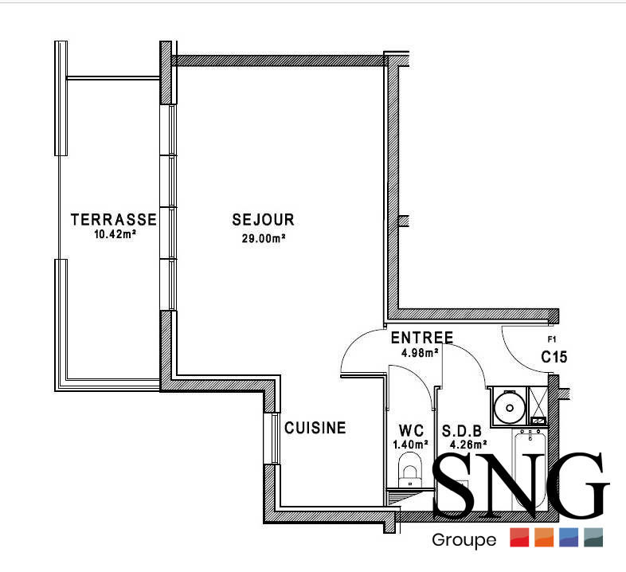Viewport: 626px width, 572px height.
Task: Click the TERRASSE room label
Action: click(x=113, y=219)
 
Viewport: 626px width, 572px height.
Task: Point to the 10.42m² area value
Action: click(x=113, y=235)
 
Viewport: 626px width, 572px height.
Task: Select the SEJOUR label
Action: click(x=264, y=220)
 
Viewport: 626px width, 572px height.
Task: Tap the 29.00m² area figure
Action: click(x=264, y=238)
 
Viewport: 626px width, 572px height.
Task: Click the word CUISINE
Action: click(x=315, y=429)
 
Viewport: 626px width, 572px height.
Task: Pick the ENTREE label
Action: click(x=422, y=338)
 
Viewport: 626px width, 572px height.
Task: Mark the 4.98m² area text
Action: click(x=421, y=353)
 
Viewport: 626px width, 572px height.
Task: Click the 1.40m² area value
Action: click(x=411, y=446)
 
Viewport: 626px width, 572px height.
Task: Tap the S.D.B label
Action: click(x=463, y=432)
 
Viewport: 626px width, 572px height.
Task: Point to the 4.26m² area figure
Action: click(x=467, y=446)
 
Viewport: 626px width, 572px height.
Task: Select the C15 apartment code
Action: click(x=554, y=358)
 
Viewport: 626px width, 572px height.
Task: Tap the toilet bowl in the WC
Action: click(x=409, y=468)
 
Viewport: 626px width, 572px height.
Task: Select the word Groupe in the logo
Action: click(x=464, y=541)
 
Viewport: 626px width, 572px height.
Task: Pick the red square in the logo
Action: click(x=519, y=538)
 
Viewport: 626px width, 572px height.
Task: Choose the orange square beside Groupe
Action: click(x=544, y=538)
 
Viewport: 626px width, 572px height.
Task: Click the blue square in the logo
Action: click(x=569, y=538)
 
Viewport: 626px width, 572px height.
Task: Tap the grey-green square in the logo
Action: click(x=593, y=538)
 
